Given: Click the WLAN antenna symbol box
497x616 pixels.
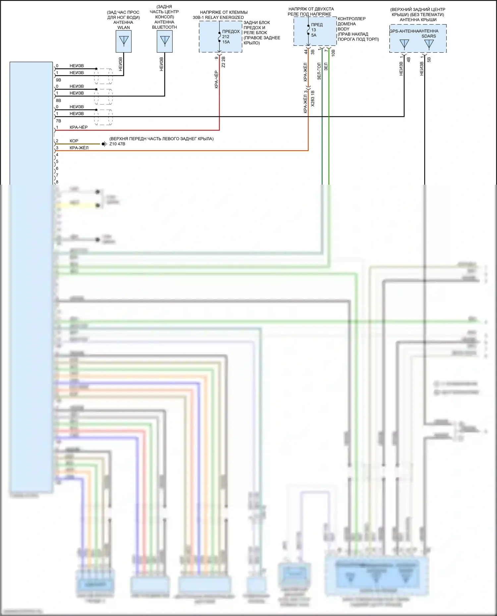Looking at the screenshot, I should click(124, 41).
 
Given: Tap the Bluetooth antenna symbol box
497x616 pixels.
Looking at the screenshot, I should click(164, 41).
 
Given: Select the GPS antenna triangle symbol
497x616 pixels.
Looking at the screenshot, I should click(404, 44).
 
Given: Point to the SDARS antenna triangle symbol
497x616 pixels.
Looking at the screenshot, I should click(429, 44).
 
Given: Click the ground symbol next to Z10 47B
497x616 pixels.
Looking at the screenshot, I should click(104, 144).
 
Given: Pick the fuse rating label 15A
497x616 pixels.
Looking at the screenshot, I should click(226, 42).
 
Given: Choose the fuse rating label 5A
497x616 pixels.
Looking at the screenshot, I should click(314, 35).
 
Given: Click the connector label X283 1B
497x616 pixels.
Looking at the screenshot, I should click(313, 98).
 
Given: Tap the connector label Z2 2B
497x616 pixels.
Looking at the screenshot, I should click(223, 62).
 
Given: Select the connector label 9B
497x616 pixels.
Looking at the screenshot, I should click(58, 80).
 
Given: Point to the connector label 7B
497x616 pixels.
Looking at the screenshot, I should click(58, 121).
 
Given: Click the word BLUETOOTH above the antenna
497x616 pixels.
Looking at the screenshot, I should click(164, 27).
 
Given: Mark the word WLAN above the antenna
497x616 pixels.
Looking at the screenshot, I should click(124, 27).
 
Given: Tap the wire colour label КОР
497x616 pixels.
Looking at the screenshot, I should click(74, 141).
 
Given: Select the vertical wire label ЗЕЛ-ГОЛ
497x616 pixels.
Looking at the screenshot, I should click(319, 71).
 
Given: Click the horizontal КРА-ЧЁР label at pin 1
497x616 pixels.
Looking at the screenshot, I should click(79, 127).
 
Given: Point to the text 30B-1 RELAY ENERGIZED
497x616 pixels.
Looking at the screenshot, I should click(218, 18).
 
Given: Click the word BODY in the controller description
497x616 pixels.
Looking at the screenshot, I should click(344, 29).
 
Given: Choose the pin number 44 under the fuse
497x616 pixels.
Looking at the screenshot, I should click(306, 52).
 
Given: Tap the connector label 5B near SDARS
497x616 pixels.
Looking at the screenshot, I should click(429, 60).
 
